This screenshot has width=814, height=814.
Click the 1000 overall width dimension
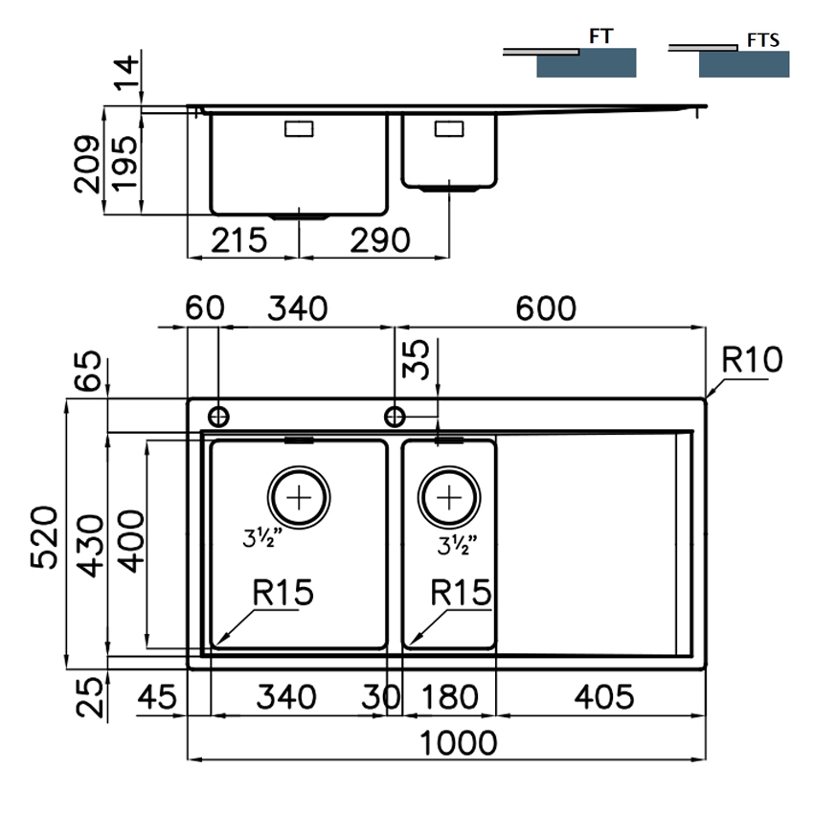(448, 742)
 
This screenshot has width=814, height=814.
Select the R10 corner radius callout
(751, 360)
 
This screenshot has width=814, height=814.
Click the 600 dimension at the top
(545, 308)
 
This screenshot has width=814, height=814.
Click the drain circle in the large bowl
(300, 497)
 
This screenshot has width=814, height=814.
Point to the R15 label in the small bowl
(461, 593)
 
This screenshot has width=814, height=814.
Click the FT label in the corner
(600, 36)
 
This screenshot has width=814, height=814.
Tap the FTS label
(761, 40)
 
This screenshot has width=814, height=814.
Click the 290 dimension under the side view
(380, 239)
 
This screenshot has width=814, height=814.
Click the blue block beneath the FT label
(586, 64)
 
